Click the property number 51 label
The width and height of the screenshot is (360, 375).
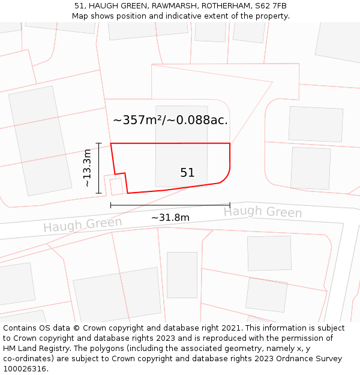[x=187, y=173]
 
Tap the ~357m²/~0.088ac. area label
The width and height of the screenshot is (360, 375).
[x=170, y=120]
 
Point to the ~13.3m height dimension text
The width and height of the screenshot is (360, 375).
[x=88, y=168]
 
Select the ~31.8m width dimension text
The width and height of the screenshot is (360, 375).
[x=170, y=218]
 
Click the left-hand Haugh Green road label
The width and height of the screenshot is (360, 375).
[x=82, y=225]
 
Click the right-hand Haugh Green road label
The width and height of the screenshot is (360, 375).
[x=263, y=212]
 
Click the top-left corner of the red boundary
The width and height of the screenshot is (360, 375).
[x=111, y=144]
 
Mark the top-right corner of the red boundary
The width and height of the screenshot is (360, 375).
[x=230, y=144]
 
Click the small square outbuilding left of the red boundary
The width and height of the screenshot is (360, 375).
[x=116, y=187]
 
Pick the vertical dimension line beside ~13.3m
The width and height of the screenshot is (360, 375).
[x=98, y=168]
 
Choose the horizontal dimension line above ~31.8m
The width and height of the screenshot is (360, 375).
[x=170, y=205]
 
